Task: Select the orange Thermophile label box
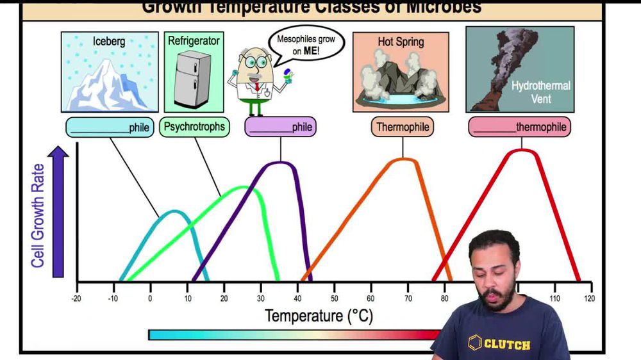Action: click(x=403, y=127)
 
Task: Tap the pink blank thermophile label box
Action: click(x=519, y=127)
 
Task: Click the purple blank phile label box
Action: click(x=280, y=127)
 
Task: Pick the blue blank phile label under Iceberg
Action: click(x=110, y=127)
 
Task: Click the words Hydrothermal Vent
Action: click(x=540, y=92)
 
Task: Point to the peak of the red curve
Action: click(x=522, y=151)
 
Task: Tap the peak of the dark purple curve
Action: click(x=280, y=163)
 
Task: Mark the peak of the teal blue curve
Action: click(x=171, y=211)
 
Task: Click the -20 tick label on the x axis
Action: click(x=77, y=298)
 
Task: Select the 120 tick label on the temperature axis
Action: click(x=589, y=298)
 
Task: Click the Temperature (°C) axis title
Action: click(x=319, y=316)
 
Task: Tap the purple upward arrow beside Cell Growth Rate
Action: click(x=58, y=211)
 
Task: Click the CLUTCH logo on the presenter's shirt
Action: click(x=500, y=344)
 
